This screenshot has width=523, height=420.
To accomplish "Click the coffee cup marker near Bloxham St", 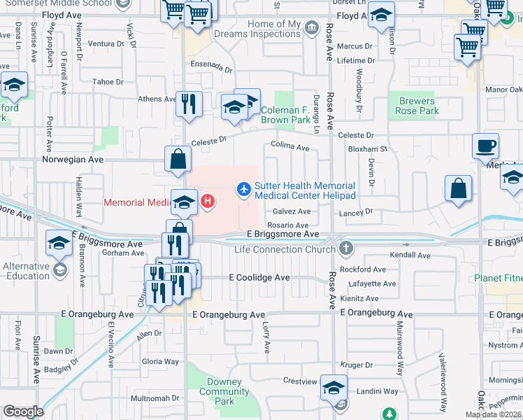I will (x=485, y=146).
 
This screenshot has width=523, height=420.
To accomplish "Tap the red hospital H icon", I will (x=208, y=202).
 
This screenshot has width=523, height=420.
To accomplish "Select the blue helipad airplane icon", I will (x=243, y=188).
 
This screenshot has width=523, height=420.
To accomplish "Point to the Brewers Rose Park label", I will (x=418, y=106).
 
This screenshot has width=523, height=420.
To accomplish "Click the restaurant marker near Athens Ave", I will (x=189, y=104).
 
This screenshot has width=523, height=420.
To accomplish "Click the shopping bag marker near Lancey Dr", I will (x=458, y=188).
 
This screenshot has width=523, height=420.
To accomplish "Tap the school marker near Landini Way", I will (x=334, y=387).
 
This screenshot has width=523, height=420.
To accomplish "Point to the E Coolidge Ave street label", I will (x=259, y=278).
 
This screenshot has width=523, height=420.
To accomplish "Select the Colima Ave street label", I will (x=290, y=148).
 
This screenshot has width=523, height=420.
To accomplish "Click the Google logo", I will (x=23, y=412).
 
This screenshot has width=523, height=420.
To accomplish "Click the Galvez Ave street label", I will (x=292, y=211).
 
